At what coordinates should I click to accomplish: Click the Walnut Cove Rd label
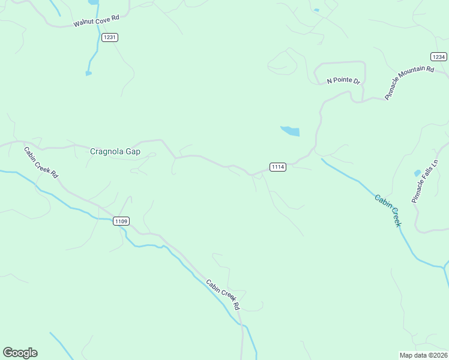coord(97,20)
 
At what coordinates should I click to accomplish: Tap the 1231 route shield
coord(110,37)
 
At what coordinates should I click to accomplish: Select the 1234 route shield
coord(439,57)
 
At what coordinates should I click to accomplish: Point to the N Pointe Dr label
coord(343,80)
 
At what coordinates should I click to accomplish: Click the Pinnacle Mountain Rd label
coord(409,83)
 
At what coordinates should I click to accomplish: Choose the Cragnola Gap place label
coord(115,151)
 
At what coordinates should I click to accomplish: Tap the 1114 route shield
coord(277,167)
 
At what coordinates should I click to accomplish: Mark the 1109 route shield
coord(121,221)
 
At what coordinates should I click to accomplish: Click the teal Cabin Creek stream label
coord(388,210)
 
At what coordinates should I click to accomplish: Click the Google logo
coord(20,353)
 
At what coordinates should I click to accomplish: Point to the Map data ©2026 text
coord(423,355)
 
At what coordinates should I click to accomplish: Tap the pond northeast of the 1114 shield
coord(291,131)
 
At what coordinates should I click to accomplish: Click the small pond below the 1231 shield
coord(88,73)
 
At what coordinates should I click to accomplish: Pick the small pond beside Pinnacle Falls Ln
coord(417,173)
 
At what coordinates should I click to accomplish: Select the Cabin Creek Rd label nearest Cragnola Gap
coord(41,163)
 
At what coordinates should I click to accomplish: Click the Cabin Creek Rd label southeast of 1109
coord(223,295)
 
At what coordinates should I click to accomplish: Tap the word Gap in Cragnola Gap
coord(133,151)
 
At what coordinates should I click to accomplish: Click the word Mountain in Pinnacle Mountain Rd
coord(410,82)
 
